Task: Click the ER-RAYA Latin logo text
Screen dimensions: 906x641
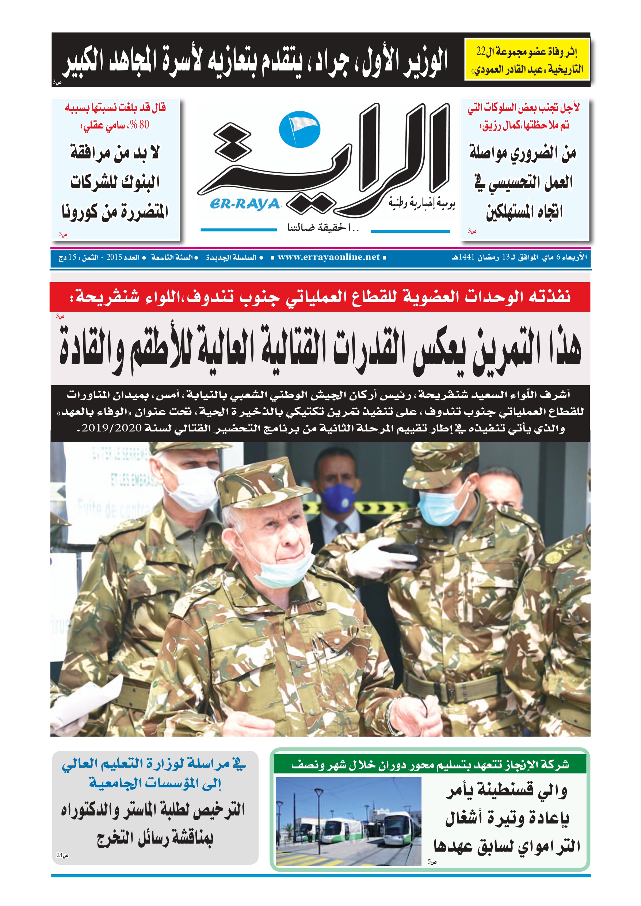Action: click(x=244, y=204)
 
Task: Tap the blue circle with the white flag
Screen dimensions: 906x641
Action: click(x=299, y=129)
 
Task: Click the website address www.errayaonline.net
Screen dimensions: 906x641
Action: click(x=328, y=257)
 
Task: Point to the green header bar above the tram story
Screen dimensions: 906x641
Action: click(x=430, y=764)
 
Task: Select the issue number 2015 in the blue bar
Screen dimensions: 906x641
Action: click(x=115, y=257)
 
